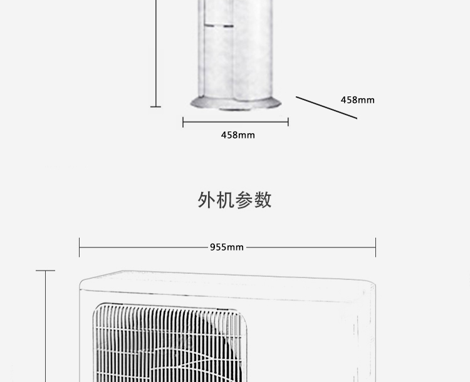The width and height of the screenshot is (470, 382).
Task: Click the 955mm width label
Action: [x=226, y=247]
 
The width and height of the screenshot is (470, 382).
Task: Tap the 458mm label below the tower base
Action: [x=238, y=135]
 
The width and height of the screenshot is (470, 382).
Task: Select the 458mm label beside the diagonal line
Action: [x=357, y=100]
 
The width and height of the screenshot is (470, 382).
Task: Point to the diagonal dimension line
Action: [x=326, y=108]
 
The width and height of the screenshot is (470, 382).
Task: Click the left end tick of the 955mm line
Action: [x=80, y=247]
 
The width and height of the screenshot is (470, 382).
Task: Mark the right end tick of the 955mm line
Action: [x=375, y=247]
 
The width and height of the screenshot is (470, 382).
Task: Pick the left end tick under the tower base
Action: [x=183, y=122]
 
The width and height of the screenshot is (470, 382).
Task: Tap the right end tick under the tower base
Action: [x=288, y=122]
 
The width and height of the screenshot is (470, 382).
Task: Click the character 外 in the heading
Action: [x=207, y=200]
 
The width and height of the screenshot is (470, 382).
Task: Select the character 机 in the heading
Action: [x=226, y=200]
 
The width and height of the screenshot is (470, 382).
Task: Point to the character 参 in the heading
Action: [x=244, y=200]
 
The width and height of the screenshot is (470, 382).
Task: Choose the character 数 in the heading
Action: [x=263, y=200]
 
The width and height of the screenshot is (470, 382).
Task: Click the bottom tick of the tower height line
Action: [x=155, y=107]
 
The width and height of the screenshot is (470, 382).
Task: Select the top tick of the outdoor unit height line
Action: [x=45, y=271]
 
